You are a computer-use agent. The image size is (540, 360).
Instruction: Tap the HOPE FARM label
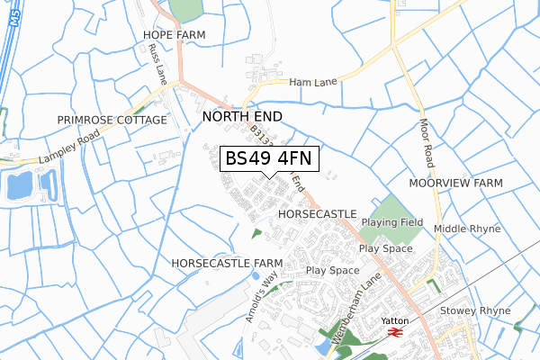click(x=174, y=35)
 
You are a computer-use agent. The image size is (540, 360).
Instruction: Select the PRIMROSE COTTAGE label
click(x=112, y=120)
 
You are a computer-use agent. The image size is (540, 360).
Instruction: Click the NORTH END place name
click(x=242, y=117)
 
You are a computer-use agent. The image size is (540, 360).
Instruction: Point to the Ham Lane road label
click(x=312, y=82)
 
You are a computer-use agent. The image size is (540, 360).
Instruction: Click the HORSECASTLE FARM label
click(x=226, y=263)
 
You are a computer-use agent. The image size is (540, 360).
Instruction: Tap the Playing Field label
click(x=392, y=221)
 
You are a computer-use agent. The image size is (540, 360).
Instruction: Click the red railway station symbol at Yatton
click(x=393, y=332)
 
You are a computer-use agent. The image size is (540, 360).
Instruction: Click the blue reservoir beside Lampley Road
click(x=18, y=186)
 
